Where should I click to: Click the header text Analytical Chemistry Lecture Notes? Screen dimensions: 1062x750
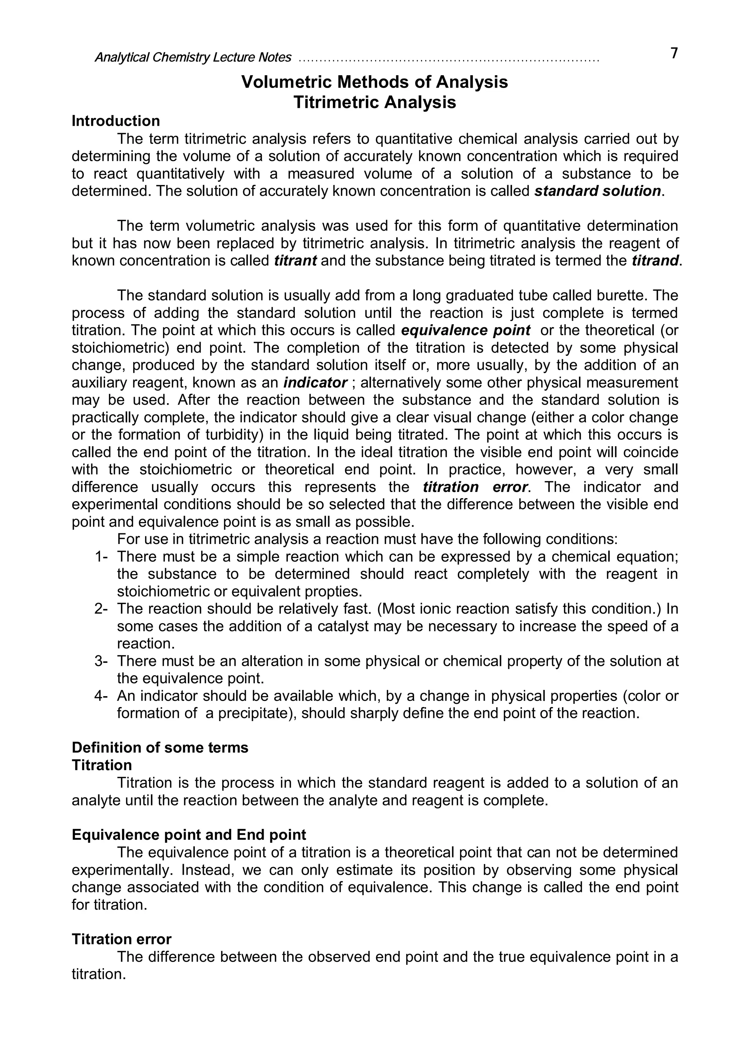tap(193, 57)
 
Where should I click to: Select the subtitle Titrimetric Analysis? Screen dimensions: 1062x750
tap(374, 102)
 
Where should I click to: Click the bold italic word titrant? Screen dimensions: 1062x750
tap(295, 261)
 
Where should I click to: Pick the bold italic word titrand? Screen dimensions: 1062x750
tap(655, 261)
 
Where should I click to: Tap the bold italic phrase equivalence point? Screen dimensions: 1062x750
tap(465, 330)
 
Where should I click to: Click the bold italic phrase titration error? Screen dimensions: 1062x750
tap(475, 487)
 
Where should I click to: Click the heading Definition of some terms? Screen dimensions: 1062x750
tap(160, 748)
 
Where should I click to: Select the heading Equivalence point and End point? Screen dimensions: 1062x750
tap(189, 835)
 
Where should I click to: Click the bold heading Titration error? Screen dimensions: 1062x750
tap(121, 940)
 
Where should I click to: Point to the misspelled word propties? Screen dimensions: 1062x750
tap(333, 592)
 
